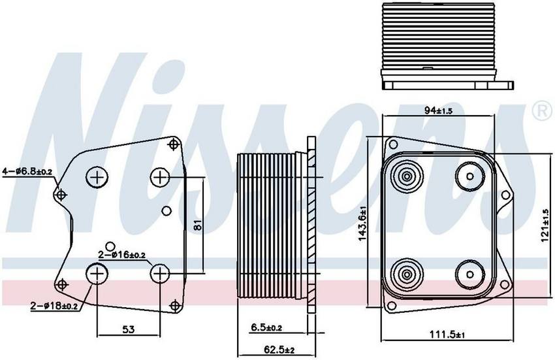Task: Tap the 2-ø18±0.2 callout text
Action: coord(54,305)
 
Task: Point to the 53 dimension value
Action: coord(128,329)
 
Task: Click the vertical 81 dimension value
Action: coord(198,225)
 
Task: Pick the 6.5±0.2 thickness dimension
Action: coord(266,328)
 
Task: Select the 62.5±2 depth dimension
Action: coord(279,350)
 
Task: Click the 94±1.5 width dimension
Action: coord(438,110)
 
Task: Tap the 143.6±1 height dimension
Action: coord(362,224)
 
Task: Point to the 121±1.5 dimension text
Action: coord(545,225)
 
